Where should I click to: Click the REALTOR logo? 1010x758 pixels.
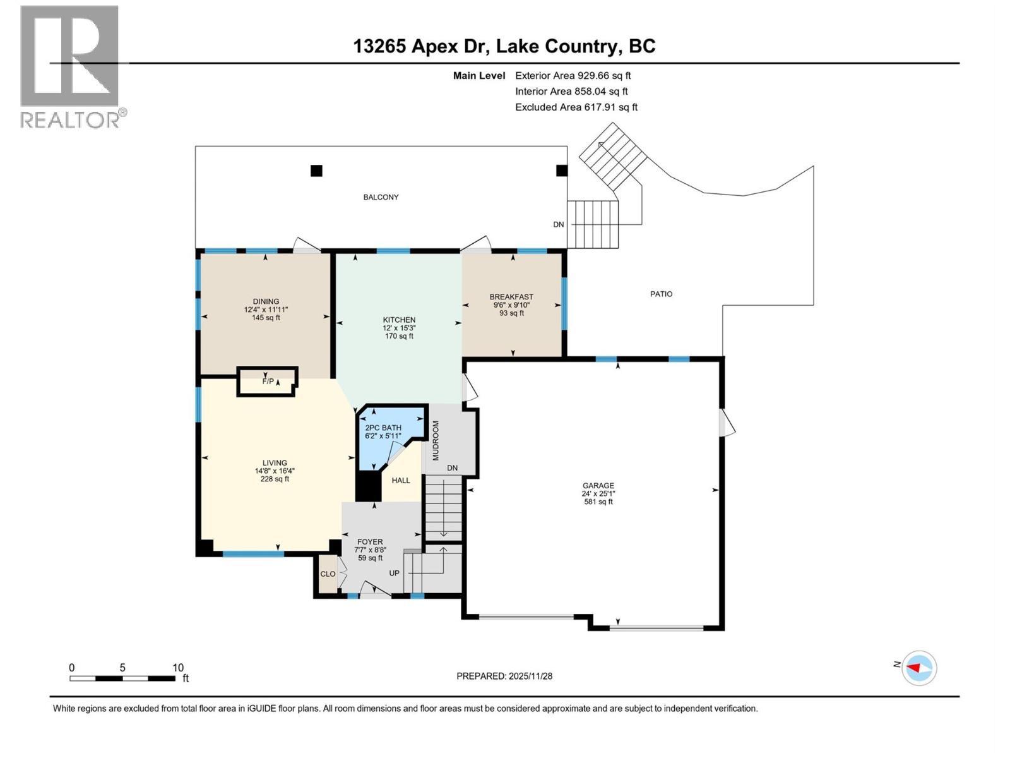click(x=71, y=66)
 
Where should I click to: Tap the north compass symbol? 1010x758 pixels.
click(x=918, y=668)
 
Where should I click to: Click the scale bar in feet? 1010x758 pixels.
click(x=122, y=678)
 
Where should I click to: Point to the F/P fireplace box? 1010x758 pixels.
click(x=267, y=382)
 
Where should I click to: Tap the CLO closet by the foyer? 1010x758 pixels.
click(x=328, y=574)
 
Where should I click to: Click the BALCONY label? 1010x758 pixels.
click(x=381, y=197)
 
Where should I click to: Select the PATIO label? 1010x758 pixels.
click(x=661, y=294)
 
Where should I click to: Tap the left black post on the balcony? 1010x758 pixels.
click(x=316, y=171)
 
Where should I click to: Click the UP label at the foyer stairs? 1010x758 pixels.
click(x=394, y=574)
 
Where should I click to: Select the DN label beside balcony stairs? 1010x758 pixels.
click(x=558, y=224)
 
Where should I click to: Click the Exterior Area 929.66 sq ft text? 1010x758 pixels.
click(x=573, y=75)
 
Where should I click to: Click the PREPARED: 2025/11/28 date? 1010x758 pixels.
click(x=504, y=676)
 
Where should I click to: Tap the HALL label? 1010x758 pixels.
click(x=401, y=480)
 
